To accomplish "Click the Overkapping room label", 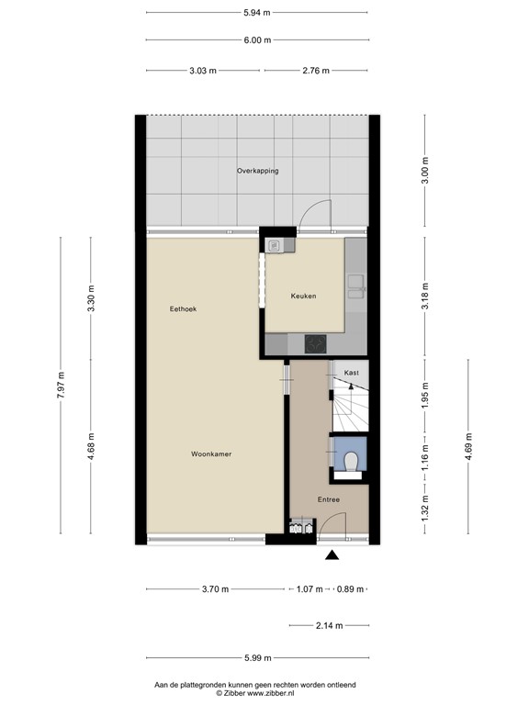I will (257, 171).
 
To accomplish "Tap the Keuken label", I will (303, 297).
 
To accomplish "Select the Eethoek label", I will (183, 309).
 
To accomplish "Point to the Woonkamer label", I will (210, 454).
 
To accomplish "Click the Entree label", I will (329, 500).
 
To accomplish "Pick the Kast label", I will (351, 373).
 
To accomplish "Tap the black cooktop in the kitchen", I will (316, 343).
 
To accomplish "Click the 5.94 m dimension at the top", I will (256, 13).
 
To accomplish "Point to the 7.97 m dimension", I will (62, 386).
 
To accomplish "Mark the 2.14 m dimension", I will (328, 626).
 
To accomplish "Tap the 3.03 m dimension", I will (203, 70).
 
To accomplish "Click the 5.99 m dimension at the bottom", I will (256, 656).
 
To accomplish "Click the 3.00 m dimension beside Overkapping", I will (424, 172).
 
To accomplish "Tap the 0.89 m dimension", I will (350, 589).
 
